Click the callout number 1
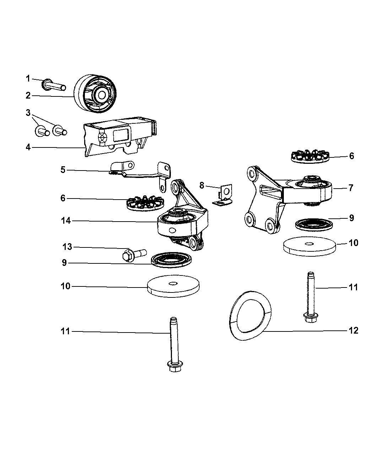point(28,78)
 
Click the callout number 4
point(28,147)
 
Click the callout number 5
point(63,170)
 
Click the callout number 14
point(66,221)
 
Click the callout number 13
point(67,247)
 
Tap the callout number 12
point(353,331)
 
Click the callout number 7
point(351,188)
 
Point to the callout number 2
point(28,95)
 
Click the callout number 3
point(28,113)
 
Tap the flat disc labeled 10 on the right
point(309,246)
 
